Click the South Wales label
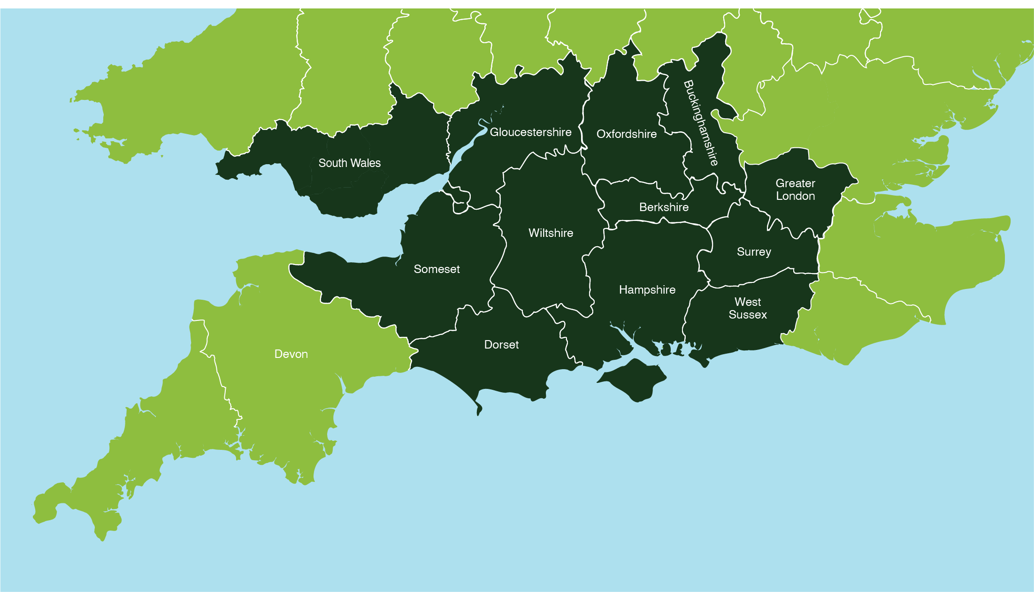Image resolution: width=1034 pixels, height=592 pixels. [x=349, y=163]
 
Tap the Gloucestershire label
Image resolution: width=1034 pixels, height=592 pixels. [x=530, y=132]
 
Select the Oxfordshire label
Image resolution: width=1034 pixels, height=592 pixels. [x=626, y=134]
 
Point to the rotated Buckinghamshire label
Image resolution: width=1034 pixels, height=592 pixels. [x=701, y=123]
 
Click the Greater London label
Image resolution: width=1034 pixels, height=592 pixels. [x=795, y=190]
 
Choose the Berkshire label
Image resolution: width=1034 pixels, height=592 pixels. [x=664, y=207]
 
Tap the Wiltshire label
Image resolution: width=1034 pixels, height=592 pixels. [x=551, y=233]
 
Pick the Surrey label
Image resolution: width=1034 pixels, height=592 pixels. [x=754, y=252]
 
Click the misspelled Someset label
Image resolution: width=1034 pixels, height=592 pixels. [x=437, y=269]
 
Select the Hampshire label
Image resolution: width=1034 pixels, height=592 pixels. [x=647, y=290]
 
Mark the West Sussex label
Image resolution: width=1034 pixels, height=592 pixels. [x=748, y=308]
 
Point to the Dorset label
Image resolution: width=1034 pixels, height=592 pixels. [x=501, y=345]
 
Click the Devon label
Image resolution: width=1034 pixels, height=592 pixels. [x=291, y=354]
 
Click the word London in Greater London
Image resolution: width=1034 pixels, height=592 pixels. [x=795, y=196]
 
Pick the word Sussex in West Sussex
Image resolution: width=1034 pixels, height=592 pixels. [x=748, y=315]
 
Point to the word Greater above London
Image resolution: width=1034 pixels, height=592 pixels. [x=795, y=183]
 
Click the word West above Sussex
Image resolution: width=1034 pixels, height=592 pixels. [x=748, y=302]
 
